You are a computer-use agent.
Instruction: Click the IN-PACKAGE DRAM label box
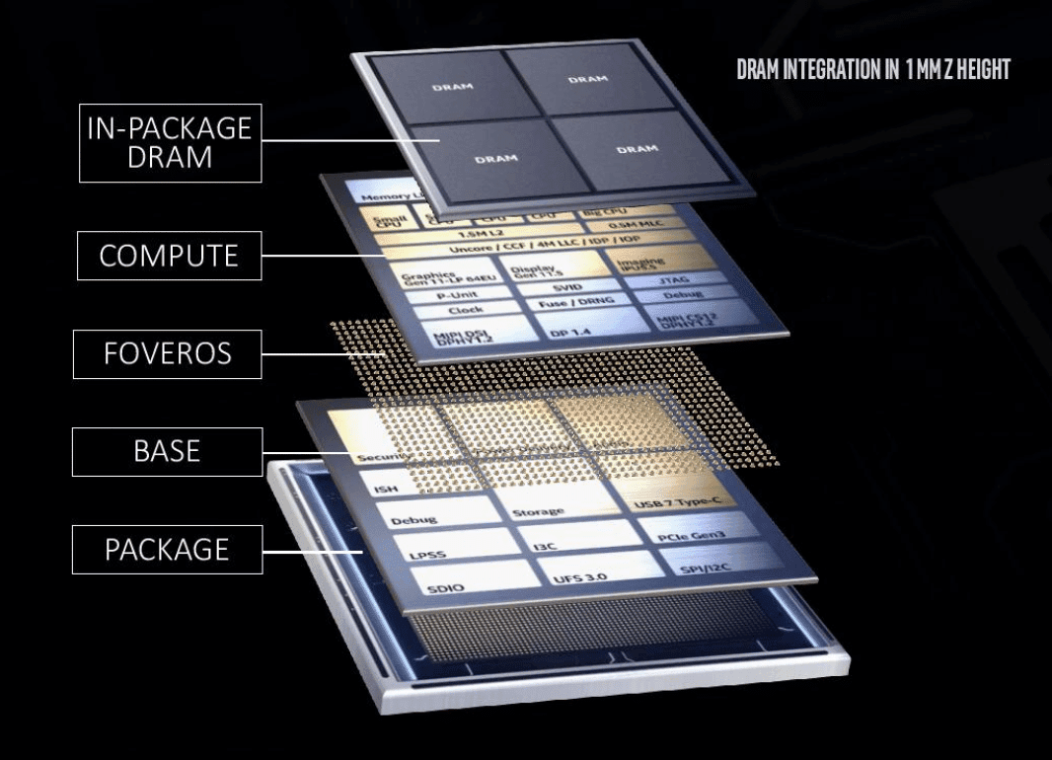(x=170, y=142)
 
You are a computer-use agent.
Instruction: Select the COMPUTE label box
(x=169, y=256)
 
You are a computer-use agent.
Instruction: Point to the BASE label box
(x=167, y=451)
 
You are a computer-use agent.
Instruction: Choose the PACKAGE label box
(x=167, y=550)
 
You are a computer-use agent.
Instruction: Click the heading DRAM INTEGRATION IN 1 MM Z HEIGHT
(x=872, y=70)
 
